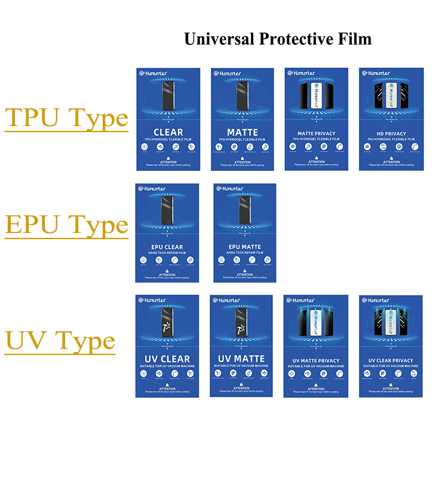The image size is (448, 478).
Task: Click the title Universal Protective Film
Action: coord(277,39)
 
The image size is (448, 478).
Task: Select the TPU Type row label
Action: coord(66,118)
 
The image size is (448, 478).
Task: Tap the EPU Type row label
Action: coord(66,225)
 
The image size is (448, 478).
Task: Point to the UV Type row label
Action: coord(60,341)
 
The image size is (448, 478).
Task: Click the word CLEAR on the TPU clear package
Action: coord(168,132)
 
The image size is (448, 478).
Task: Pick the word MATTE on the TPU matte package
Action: coord(242,132)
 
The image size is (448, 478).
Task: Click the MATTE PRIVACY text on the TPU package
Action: coord(316,134)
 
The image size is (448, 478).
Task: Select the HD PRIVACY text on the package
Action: coord(391,134)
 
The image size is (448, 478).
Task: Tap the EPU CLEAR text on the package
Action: coord(167,247)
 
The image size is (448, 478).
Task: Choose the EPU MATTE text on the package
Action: coord(244,247)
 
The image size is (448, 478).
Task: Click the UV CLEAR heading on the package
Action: coord(167,359)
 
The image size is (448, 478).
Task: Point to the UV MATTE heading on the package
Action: coord(241,358)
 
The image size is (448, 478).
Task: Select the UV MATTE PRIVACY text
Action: coord(316,361)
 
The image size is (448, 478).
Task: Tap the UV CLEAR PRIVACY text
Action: coord(391,361)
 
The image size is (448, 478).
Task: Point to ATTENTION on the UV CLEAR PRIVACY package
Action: coord(391,388)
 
